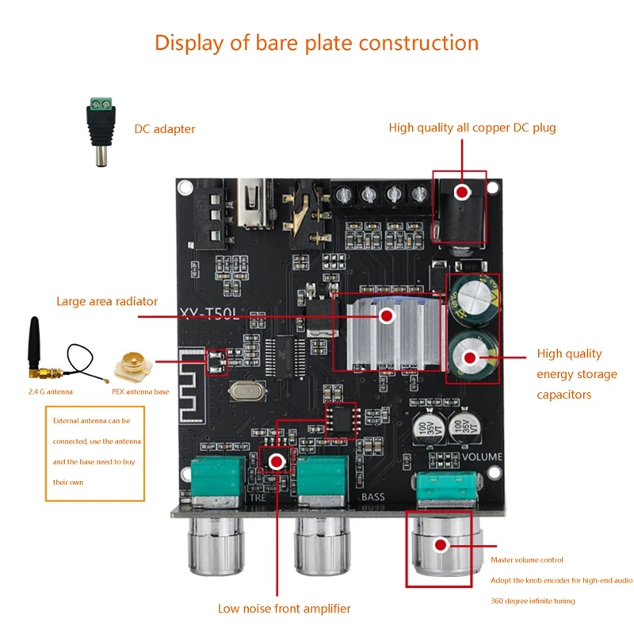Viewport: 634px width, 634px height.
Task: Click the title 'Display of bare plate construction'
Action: [316, 42]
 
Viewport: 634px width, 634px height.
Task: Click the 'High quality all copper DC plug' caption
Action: [472, 128]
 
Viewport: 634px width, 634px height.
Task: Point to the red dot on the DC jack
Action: [460, 193]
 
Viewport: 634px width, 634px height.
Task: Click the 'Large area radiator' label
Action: [106, 301]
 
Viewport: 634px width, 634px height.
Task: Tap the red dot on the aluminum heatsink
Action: [386, 316]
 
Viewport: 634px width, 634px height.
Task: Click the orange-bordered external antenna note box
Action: [95, 452]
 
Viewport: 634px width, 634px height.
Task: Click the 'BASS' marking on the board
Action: [372, 497]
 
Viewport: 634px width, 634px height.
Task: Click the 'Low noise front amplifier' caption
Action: [284, 609]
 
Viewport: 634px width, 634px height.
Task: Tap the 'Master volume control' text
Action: [527, 560]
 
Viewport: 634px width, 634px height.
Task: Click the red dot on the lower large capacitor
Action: [469, 358]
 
